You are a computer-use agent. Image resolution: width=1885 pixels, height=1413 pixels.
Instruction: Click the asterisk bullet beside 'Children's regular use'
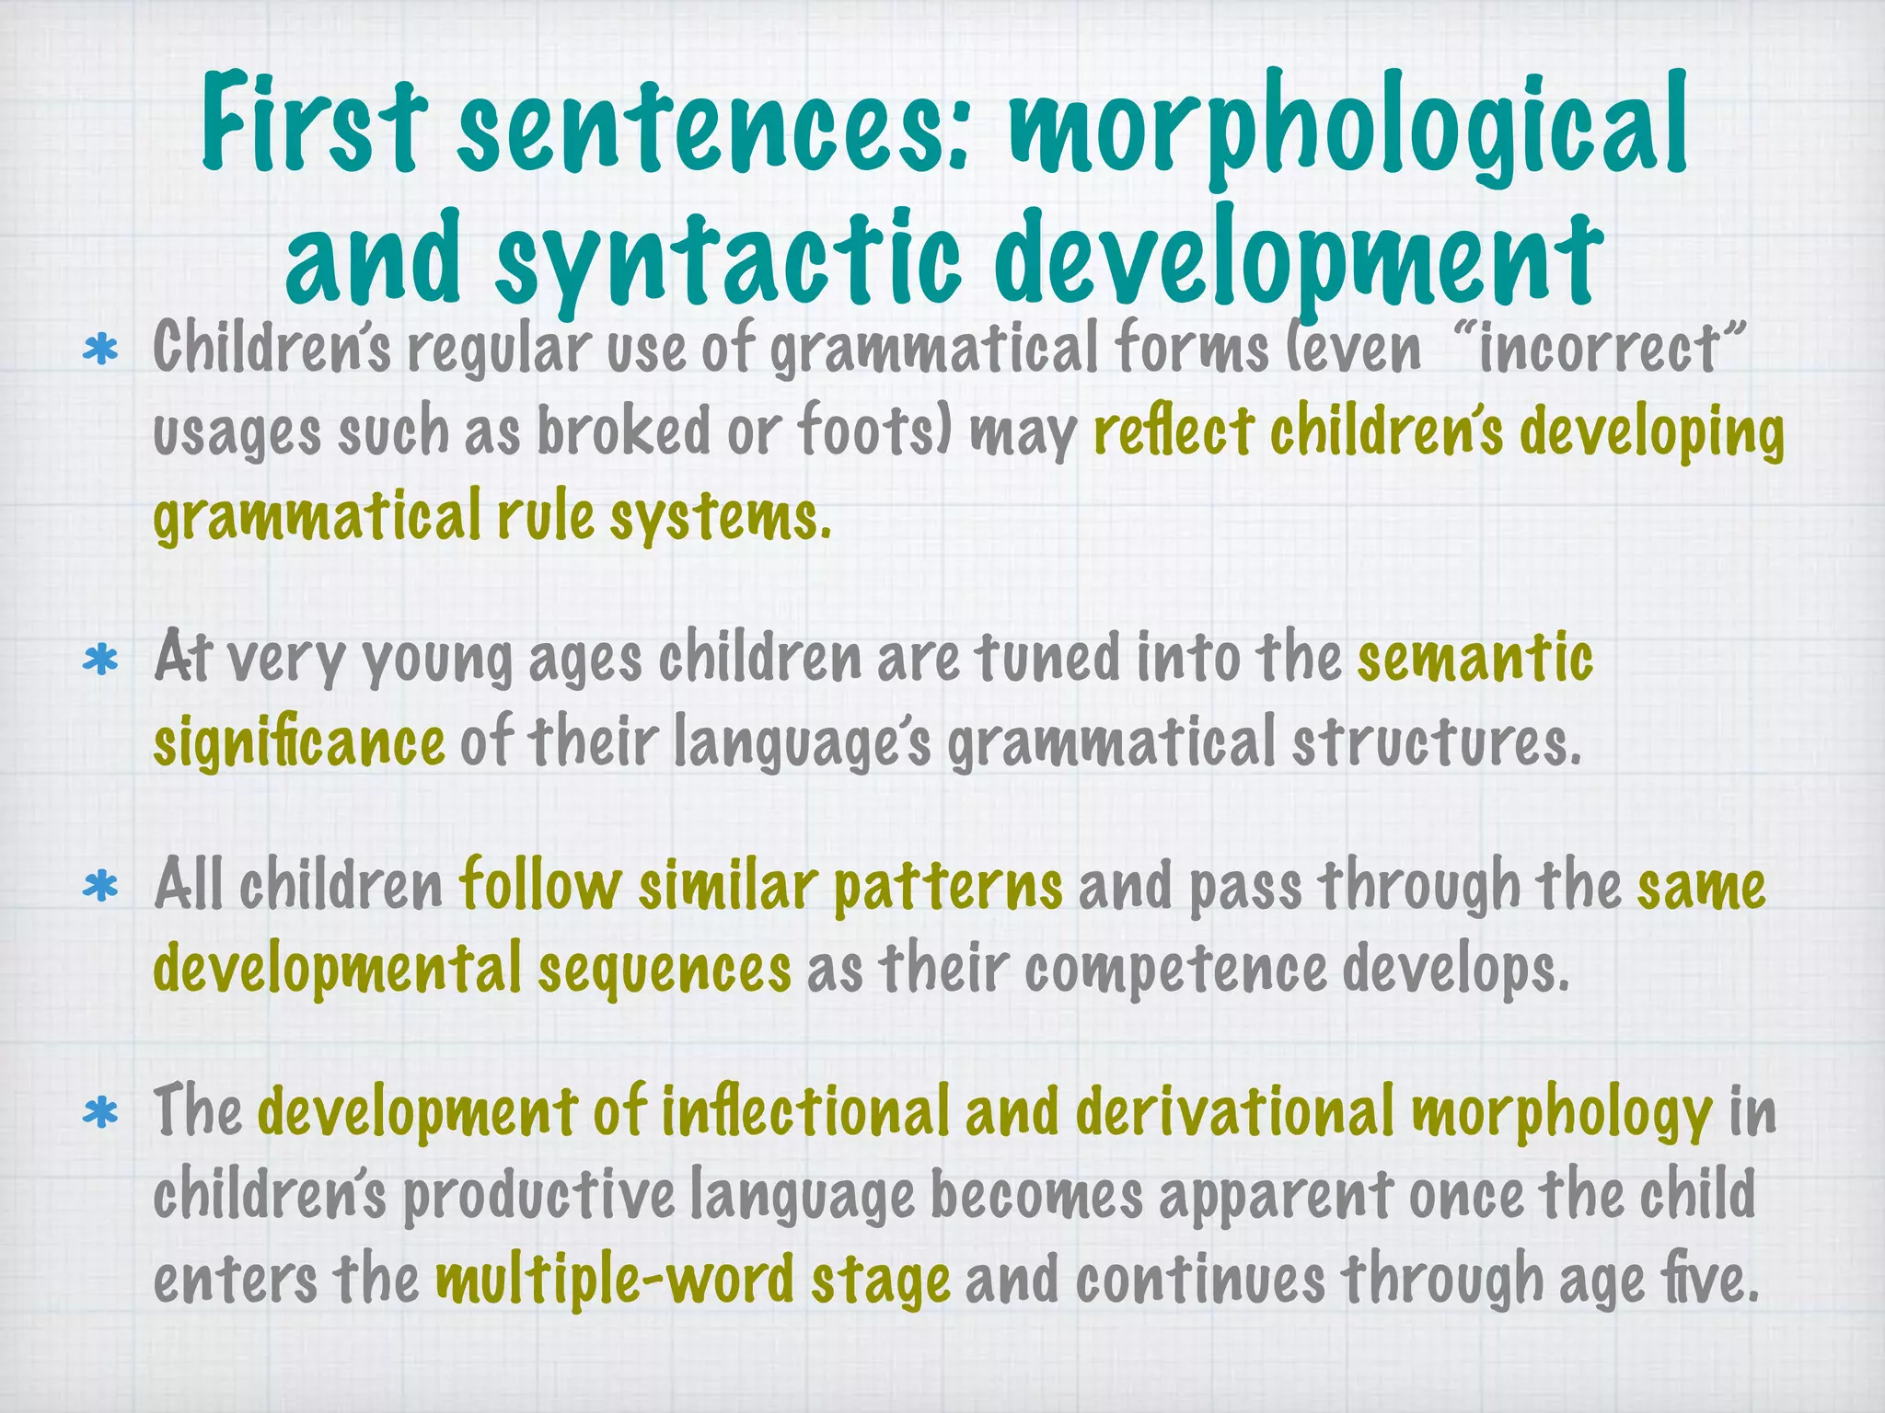click(x=100, y=351)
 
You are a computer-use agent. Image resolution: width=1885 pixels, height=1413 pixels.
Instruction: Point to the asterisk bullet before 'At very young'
click(x=100, y=661)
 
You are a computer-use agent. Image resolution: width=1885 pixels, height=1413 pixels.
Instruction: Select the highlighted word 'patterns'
click(x=948, y=886)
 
